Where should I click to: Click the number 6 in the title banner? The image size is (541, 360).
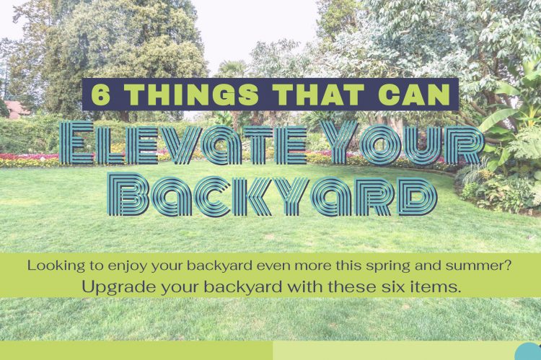pos(101,95)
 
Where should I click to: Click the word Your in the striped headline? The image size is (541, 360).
pos(399,144)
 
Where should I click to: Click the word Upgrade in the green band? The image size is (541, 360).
pos(113,286)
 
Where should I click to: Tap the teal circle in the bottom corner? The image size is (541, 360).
pos(529,353)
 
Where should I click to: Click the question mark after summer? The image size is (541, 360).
pos(509,265)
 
